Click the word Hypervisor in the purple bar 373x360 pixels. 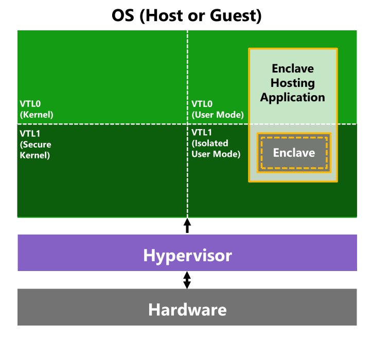click(x=187, y=255)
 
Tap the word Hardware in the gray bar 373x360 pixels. click(x=187, y=310)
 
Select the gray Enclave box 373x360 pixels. click(x=294, y=153)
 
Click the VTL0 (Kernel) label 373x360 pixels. click(x=37, y=109)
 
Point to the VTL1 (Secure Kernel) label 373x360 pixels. click(x=35, y=143)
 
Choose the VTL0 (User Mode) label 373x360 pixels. click(x=217, y=109)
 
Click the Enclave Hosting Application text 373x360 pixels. click(x=293, y=83)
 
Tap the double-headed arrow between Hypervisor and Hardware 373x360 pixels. click(x=187, y=280)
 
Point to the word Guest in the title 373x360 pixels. click(x=235, y=15)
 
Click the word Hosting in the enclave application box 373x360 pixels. click(x=293, y=83)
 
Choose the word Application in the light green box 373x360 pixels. click(x=293, y=97)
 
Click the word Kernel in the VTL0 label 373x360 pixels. click(x=38, y=115)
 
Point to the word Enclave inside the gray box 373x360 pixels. click(x=294, y=153)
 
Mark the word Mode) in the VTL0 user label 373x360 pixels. click(x=230, y=115)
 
